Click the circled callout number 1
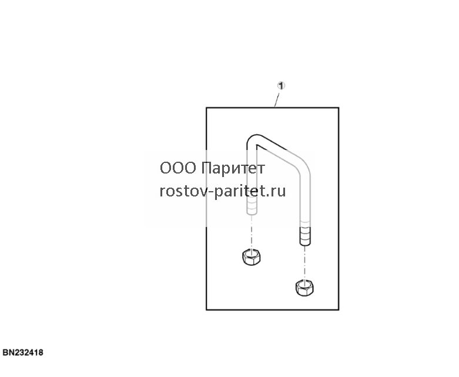281,85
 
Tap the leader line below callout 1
277,99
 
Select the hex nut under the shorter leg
252,257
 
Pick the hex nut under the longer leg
304,288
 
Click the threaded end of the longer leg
305,236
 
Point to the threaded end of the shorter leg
252,206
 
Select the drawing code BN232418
23,352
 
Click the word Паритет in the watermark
233,168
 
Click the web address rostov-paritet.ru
223,191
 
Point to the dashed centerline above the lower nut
305,262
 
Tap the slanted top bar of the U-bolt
278,148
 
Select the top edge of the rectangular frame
273,108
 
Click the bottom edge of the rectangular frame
273,309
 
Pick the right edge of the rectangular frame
339,209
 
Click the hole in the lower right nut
304,283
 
